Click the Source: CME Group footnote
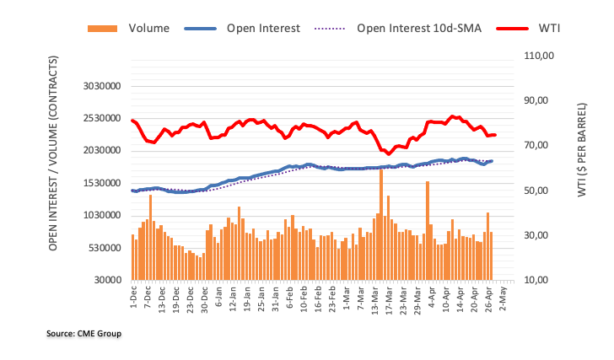(x=83, y=334)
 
